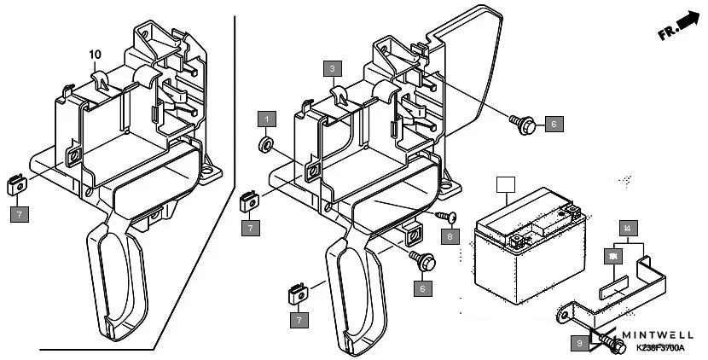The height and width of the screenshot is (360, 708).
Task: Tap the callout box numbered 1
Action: pos(268,118)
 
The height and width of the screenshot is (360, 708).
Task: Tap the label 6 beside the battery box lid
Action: pos(553,125)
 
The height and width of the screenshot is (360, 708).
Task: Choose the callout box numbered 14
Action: pos(627,228)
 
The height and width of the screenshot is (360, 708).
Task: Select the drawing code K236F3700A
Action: pos(659,350)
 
